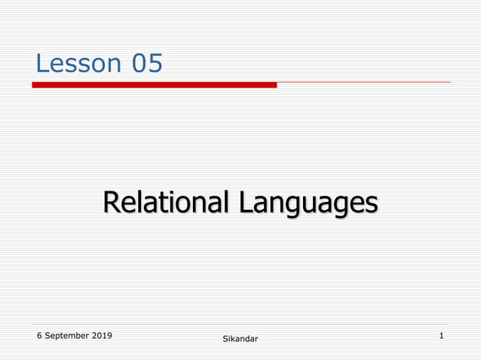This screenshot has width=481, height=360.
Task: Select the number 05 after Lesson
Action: coord(148,64)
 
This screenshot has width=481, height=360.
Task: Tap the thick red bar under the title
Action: coord(154,85)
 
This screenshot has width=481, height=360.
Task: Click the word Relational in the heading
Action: coord(167,203)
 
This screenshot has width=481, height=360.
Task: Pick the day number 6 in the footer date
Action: coord(39,335)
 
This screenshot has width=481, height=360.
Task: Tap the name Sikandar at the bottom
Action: coord(240,340)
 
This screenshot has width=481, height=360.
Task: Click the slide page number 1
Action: coord(441,335)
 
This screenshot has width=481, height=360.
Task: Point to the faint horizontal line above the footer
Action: coord(241,325)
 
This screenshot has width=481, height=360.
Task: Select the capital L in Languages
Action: coord(247,203)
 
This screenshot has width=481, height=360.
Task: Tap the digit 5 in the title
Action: coord(155,64)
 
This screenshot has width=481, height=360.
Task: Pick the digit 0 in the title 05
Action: coord(140,64)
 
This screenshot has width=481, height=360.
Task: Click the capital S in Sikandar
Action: coord(225,340)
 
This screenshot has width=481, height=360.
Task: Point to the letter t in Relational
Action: coord(159,203)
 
